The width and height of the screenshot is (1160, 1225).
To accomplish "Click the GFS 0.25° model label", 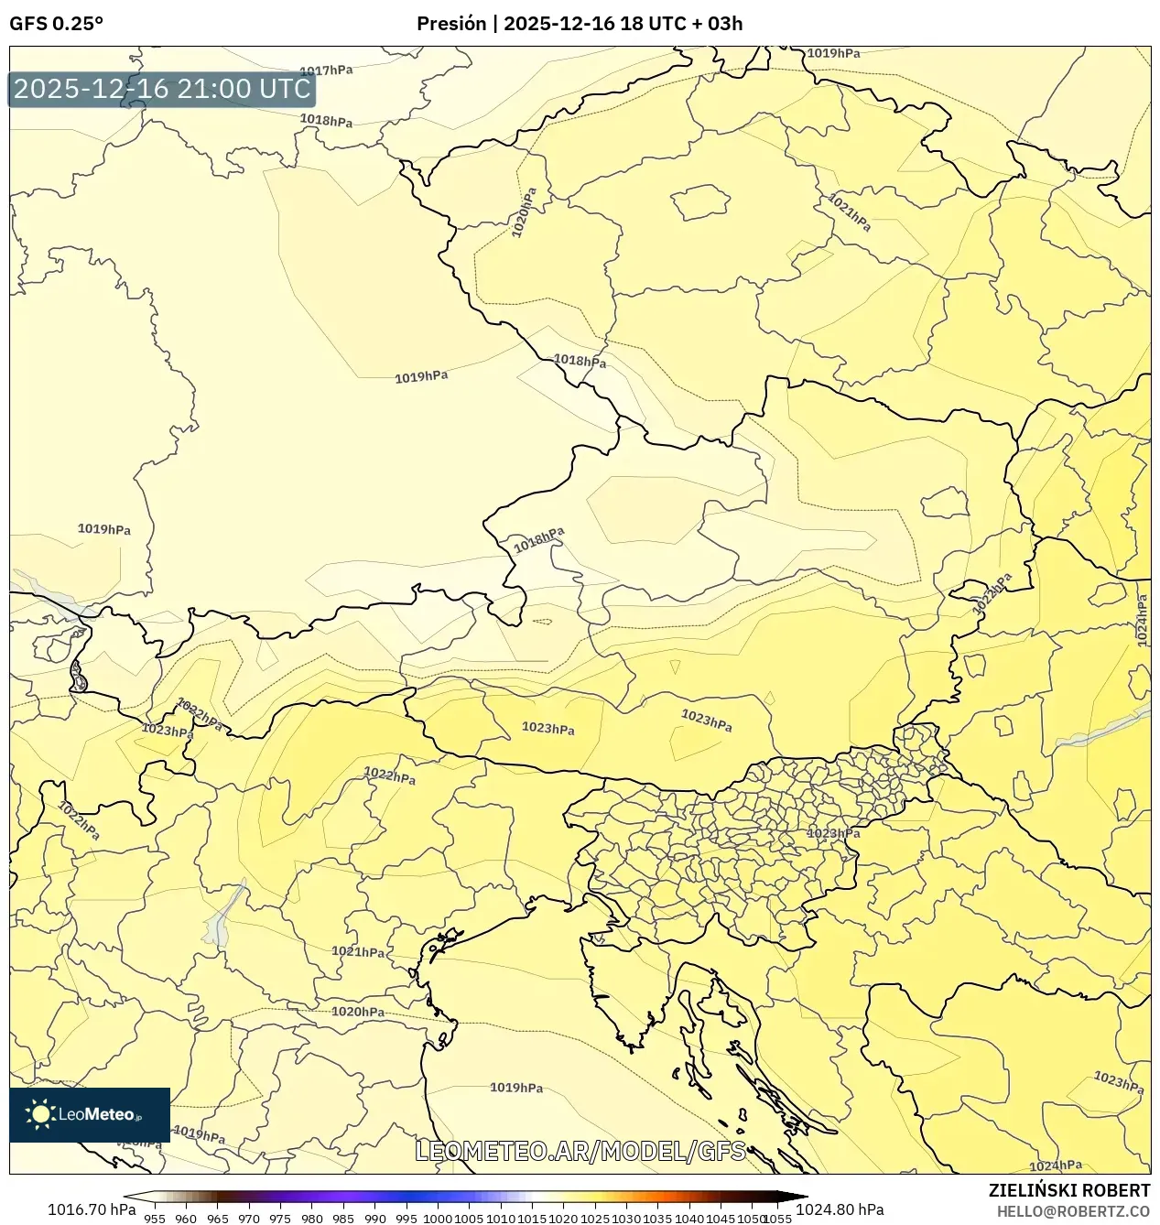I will click(x=56, y=24).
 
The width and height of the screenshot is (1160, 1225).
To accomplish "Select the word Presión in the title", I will click(x=450, y=24).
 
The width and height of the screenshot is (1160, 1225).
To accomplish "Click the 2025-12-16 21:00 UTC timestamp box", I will click(x=162, y=89).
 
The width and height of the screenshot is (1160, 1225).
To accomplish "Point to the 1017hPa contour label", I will click(x=326, y=70).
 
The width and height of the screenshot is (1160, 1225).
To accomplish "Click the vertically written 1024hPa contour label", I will click(x=1142, y=621).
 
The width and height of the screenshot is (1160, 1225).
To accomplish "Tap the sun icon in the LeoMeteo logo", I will click(x=41, y=1114).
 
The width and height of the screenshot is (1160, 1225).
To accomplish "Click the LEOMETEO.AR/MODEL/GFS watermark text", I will click(x=580, y=1151).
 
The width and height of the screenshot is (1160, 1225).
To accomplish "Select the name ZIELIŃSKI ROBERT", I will click(x=1068, y=1191).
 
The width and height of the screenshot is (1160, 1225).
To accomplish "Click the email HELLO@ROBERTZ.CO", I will click(x=1073, y=1211).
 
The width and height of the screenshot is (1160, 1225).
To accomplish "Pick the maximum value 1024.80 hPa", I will click(x=840, y=1209).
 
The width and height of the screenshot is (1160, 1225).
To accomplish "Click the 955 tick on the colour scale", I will click(x=155, y=1219).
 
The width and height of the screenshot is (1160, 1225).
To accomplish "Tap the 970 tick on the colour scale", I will click(x=249, y=1219).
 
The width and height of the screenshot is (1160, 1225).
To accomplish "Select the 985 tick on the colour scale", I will click(x=343, y=1219).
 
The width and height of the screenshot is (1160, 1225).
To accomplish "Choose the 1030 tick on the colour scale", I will click(x=626, y=1219).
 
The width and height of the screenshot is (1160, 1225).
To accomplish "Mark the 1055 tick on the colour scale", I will click(x=777, y=1219).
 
